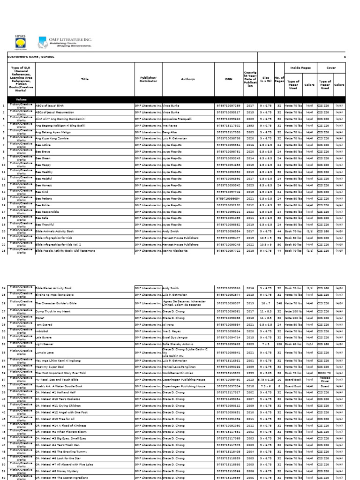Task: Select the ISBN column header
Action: pyautogui.click(x=228, y=79)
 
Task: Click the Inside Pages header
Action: pyautogui.click(x=300, y=68)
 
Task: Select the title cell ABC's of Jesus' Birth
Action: pyautogui.click(x=52, y=106)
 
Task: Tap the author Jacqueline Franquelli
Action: pyautogui.click(x=180, y=119)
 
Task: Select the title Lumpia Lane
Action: pyautogui.click(x=47, y=352)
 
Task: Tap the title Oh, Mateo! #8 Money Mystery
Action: pyautogui.click(x=60, y=472)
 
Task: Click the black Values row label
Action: pyautogui.click(x=21, y=99)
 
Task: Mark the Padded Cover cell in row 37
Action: pyautogui.click(x=325, y=379)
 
